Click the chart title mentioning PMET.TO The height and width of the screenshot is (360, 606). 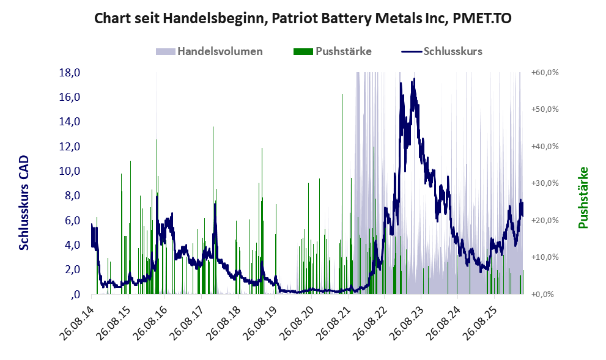click(303, 18)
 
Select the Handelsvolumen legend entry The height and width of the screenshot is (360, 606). click(209, 51)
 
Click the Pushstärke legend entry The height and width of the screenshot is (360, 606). click(333, 51)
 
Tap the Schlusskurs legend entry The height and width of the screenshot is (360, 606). click(442, 51)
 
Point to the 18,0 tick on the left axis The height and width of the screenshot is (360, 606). click(70, 73)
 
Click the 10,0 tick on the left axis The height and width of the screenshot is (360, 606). click(70, 171)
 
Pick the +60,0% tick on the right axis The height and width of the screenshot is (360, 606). click(545, 73)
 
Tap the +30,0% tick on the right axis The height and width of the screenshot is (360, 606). click(545, 183)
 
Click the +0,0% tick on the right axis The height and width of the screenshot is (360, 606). click(545, 295)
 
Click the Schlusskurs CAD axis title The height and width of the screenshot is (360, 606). click(24, 202)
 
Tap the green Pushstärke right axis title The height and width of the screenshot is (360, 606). click(583, 198)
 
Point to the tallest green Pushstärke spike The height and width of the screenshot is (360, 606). click(342, 94)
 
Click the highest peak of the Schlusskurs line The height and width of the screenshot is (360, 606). click(415, 79)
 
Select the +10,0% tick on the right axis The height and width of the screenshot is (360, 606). click(545, 257)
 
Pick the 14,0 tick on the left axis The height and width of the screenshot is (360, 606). click(70, 122)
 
